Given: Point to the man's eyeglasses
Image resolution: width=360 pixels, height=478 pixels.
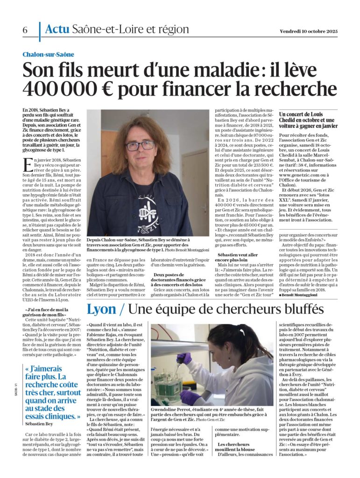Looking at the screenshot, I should pos(140,146).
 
